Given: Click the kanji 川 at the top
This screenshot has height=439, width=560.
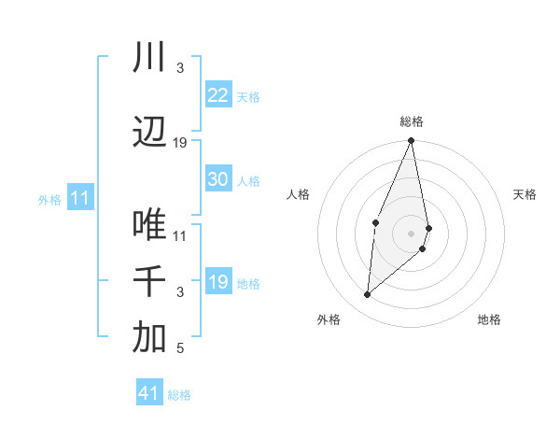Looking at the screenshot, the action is (x=149, y=58).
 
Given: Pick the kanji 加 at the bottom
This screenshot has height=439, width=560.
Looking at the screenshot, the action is (x=149, y=339).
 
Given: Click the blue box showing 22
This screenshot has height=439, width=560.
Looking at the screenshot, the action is (x=218, y=95).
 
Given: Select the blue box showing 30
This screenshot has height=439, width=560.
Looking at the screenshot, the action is (x=218, y=179).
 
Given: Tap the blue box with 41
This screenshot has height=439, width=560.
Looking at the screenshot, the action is (x=149, y=393).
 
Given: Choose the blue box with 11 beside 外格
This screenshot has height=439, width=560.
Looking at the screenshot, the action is (x=79, y=198).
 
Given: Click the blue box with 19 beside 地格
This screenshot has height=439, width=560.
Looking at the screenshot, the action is (x=218, y=282).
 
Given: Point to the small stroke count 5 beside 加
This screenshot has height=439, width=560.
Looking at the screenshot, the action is (x=180, y=349).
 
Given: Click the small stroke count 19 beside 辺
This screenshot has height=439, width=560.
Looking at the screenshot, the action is (x=180, y=143).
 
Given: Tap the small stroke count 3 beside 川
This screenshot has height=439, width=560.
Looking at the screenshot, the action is (x=180, y=68).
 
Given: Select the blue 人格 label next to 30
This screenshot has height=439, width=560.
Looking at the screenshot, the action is (x=248, y=180).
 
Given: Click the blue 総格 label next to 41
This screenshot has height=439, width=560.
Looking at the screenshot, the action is (x=179, y=394).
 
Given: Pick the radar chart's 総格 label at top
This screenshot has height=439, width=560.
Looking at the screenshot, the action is (x=412, y=121).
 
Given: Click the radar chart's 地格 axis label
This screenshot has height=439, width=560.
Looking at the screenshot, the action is (x=489, y=319).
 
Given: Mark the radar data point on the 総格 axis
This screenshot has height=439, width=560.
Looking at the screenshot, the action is (x=411, y=141).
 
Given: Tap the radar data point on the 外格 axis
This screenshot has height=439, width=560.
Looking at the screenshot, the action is (x=368, y=295).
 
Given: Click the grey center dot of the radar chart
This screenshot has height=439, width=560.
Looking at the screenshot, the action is (x=411, y=233).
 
